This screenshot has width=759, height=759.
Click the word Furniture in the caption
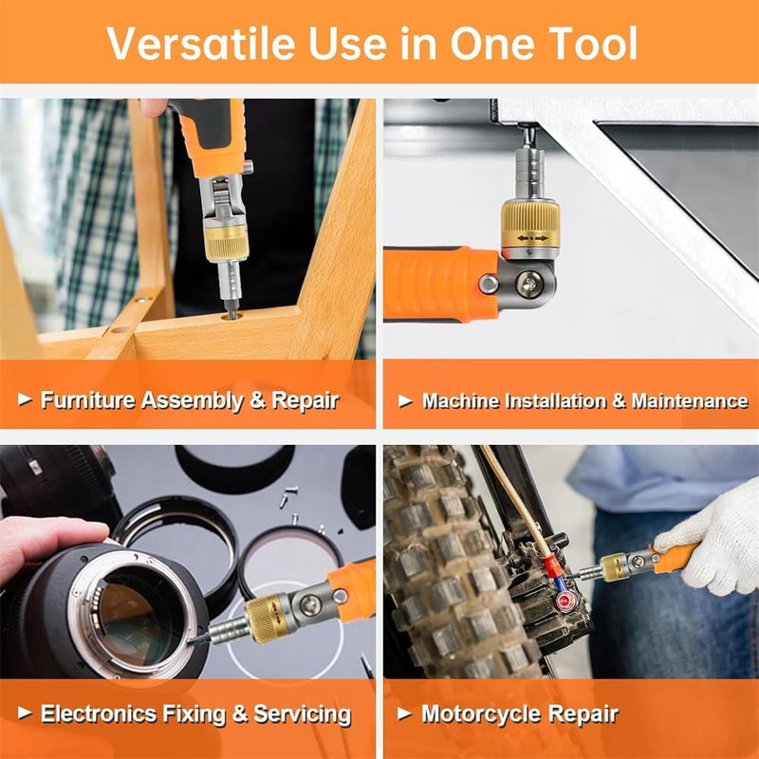[86, 400]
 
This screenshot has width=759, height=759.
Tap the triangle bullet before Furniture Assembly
[26, 400]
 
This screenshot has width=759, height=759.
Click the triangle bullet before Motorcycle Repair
[406, 713]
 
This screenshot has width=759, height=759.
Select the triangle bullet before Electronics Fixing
[26, 713]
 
